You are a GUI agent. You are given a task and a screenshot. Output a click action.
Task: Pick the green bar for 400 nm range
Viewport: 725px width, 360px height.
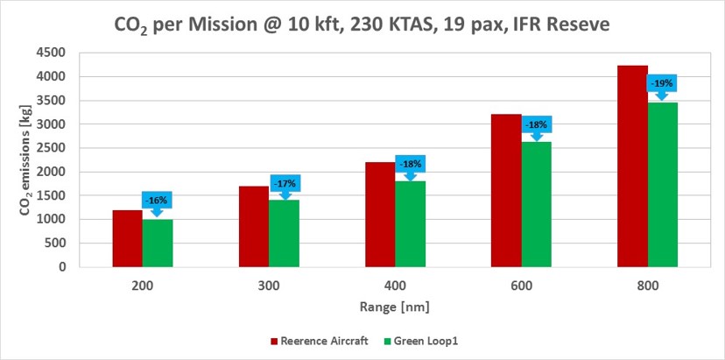click(410, 223)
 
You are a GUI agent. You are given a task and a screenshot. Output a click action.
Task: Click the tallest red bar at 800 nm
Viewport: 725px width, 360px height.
click(632, 166)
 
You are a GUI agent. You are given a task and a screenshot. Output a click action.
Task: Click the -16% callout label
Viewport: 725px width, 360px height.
click(158, 198)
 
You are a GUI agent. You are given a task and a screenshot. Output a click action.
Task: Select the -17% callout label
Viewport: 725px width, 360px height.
click(285, 183)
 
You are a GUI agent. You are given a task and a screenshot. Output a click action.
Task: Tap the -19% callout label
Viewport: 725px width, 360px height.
click(662, 83)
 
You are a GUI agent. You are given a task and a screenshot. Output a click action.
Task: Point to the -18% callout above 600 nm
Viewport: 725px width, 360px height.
click(536, 124)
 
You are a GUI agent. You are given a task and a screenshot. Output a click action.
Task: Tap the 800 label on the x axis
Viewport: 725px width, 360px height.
click(647, 285)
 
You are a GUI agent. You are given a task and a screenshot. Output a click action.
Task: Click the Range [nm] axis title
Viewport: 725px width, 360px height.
click(395, 307)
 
